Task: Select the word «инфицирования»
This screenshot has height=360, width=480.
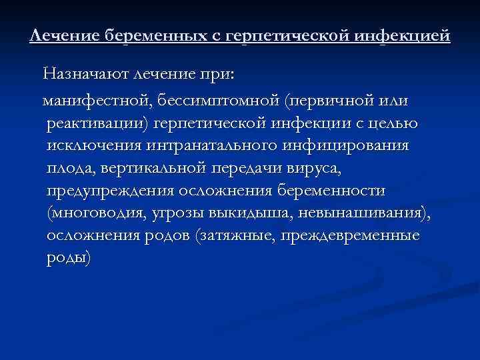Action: tap(353, 147)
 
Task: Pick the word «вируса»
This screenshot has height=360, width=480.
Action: tap(311, 169)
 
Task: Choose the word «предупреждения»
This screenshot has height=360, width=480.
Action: tap(110, 192)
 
